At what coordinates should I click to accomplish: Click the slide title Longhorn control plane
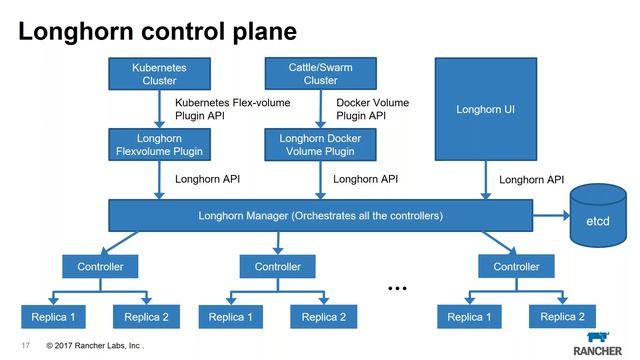[157, 31]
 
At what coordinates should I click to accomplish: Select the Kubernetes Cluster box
[159, 74]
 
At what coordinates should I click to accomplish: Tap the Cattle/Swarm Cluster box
[320, 74]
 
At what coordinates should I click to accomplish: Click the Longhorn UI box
[484, 108]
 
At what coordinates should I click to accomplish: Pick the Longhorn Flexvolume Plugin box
[159, 145]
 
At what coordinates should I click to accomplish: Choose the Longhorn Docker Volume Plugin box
[320, 145]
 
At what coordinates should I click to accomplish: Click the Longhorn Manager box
[320, 215]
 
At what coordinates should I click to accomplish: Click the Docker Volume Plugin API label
[372, 109]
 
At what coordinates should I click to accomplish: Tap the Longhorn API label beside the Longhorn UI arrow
[531, 180]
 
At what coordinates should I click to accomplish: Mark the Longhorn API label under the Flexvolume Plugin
[207, 180]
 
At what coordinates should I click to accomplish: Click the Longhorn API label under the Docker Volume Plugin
[365, 180]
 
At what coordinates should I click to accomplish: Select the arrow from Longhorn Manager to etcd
[549, 215]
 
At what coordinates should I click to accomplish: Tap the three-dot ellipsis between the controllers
[397, 288]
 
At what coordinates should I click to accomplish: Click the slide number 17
[27, 346]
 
